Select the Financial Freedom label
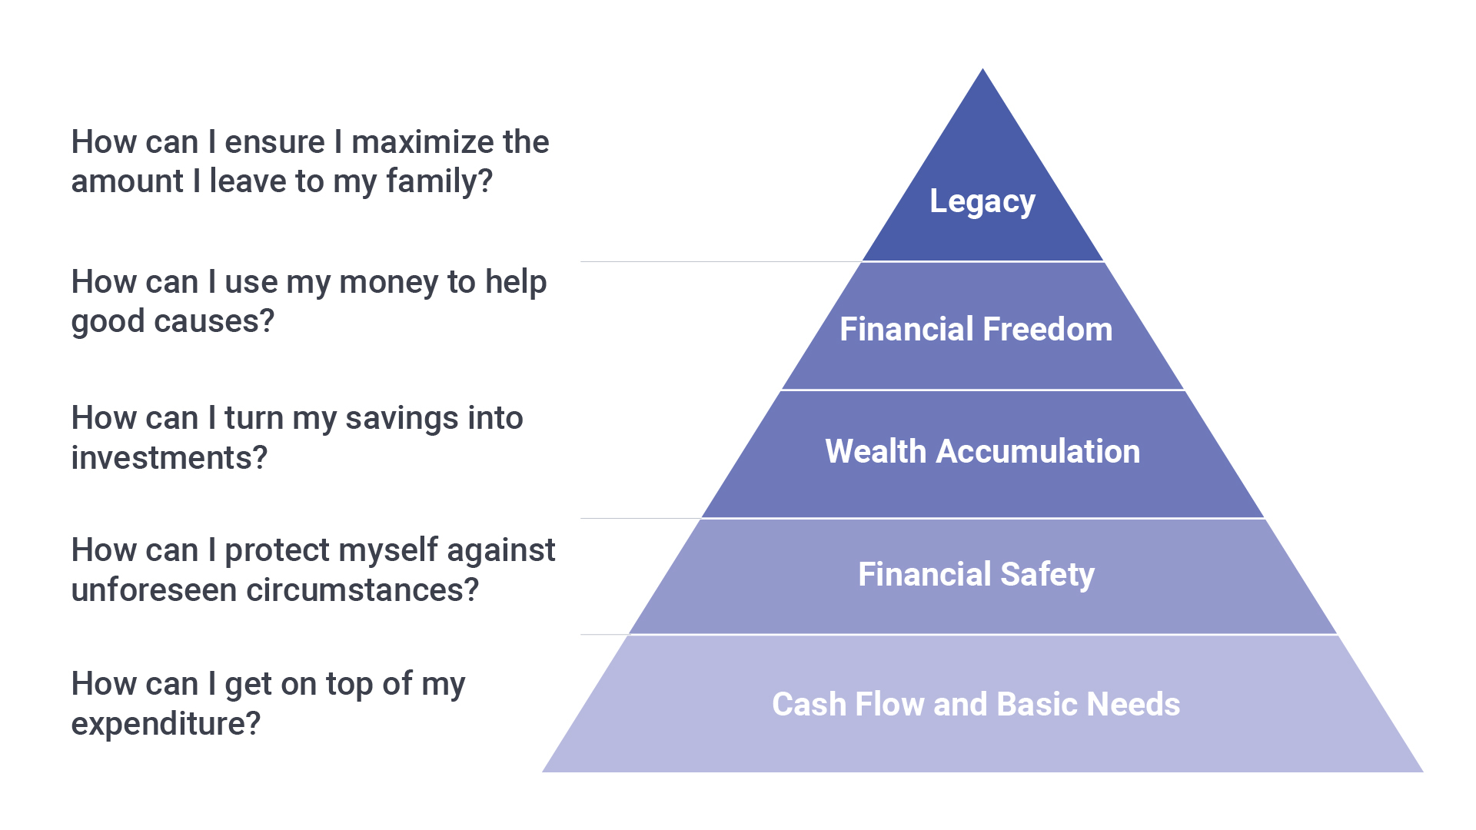[x=976, y=329]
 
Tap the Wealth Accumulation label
[x=982, y=451]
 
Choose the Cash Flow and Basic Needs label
[x=976, y=704]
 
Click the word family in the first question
[x=438, y=182]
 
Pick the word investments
[x=169, y=458]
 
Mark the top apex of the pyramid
[x=982, y=68]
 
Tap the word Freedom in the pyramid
[x=1047, y=329]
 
